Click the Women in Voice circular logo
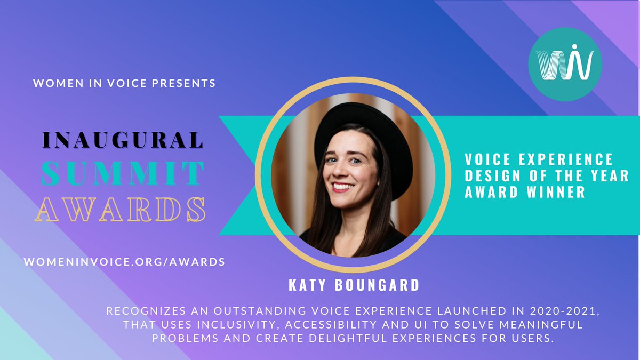tap(565, 64)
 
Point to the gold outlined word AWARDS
tap(121, 210)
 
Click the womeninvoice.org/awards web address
tap(124, 262)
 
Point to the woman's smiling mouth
tap(342, 187)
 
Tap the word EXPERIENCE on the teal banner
tap(565, 159)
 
